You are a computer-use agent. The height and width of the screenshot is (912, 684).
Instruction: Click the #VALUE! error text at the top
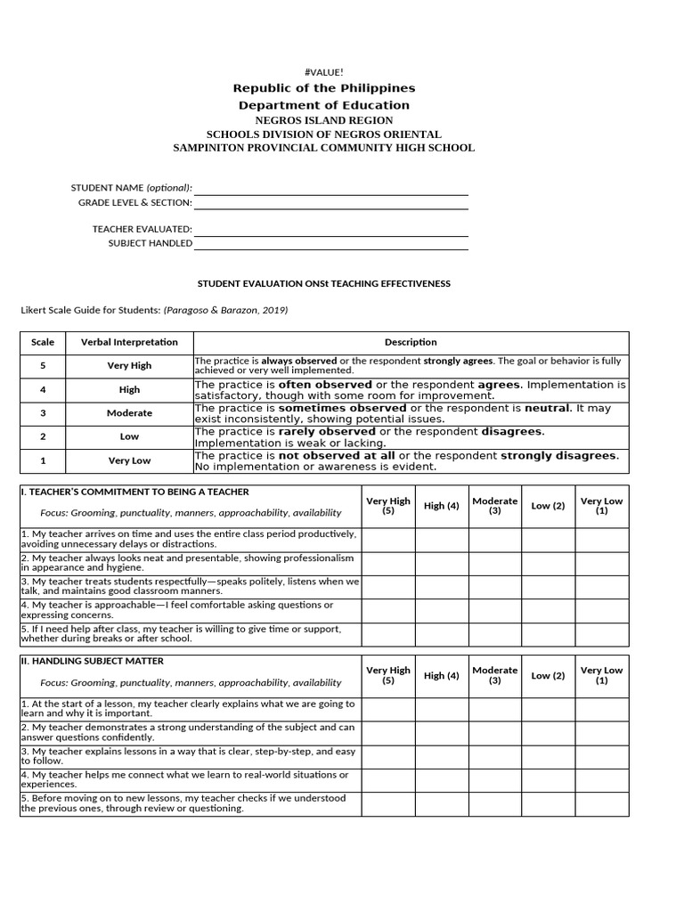tap(324, 71)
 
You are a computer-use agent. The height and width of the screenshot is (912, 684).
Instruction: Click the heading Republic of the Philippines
tap(324, 88)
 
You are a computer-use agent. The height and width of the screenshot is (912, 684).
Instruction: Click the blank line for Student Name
tap(330, 189)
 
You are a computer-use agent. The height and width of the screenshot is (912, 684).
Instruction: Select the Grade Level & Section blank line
tap(330, 203)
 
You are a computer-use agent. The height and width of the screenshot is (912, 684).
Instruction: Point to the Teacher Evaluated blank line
tap(330, 230)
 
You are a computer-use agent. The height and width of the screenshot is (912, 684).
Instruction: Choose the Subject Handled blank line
tap(330, 244)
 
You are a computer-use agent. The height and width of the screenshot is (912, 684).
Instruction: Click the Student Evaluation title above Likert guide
tap(323, 284)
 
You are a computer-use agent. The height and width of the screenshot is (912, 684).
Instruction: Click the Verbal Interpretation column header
tap(129, 342)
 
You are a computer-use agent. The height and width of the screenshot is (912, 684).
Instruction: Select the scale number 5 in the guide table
tap(43, 365)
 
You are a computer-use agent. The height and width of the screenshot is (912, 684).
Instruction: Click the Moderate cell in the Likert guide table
tap(129, 413)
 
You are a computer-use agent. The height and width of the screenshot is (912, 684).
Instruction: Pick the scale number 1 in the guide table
tap(43, 460)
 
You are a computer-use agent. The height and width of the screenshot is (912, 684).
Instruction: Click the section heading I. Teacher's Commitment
tap(135, 492)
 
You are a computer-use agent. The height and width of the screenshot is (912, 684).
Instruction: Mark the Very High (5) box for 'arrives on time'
tap(388, 539)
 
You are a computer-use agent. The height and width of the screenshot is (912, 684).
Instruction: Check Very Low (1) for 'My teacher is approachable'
tap(601, 610)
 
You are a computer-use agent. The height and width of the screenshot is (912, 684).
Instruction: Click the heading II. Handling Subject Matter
tap(93, 661)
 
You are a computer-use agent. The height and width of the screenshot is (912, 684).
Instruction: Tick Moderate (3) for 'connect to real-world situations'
tap(495, 780)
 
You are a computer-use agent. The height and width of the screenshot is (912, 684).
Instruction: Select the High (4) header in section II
tap(442, 676)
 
